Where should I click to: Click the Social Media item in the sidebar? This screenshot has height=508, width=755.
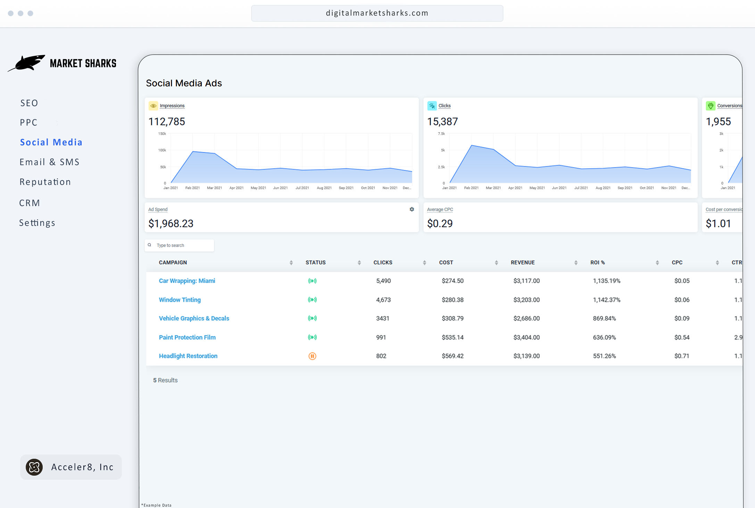tap(51, 142)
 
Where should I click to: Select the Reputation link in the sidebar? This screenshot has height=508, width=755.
tap(45, 182)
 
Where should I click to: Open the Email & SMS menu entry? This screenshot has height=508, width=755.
tap(49, 162)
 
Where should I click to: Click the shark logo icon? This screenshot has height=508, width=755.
tap(27, 63)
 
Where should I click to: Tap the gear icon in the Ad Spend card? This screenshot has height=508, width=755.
tap(412, 209)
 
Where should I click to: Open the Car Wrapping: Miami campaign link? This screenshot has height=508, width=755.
tap(187, 281)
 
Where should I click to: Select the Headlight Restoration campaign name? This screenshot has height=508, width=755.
tap(188, 356)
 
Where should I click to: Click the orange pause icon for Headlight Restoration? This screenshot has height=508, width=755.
tap(312, 356)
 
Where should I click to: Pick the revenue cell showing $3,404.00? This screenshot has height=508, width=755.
tap(526, 337)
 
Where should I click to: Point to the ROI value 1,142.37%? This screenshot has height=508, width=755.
tap(606, 300)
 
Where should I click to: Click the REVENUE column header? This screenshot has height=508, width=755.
tap(523, 263)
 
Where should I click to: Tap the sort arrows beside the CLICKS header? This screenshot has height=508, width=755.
tap(424, 263)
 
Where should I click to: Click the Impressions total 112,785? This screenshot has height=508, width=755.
tap(167, 122)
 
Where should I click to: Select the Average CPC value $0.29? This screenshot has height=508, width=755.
tap(440, 223)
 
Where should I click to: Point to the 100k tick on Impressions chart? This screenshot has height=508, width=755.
tap(162, 150)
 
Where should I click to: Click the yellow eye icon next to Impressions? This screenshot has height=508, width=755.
tap(153, 106)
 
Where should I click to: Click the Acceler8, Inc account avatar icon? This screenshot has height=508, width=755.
tap(34, 467)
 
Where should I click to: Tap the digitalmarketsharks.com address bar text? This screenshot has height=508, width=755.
tap(377, 13)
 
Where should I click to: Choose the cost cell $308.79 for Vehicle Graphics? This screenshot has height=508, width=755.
tap(453, 319)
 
